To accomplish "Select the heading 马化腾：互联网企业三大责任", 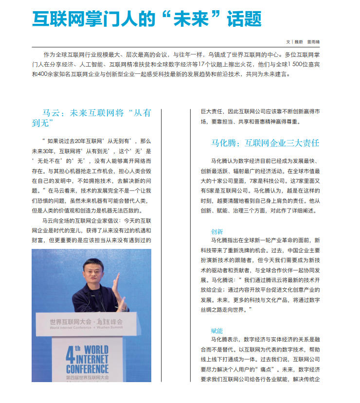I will pyautogui.click(x=265, y=143).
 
